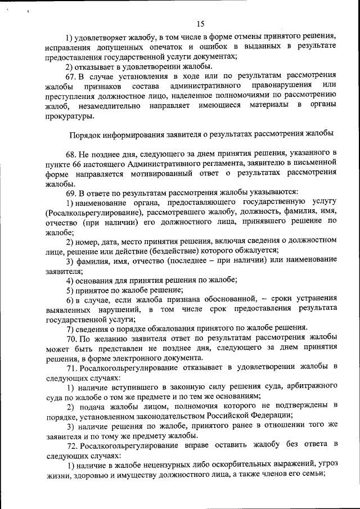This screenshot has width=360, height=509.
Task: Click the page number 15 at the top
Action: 201,23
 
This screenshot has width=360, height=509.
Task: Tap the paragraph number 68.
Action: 72,153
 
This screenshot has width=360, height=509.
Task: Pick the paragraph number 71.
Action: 72,367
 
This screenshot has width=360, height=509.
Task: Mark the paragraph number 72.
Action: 72,445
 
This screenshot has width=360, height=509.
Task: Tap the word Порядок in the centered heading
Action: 85,134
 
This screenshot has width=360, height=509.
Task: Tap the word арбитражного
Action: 312,387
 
